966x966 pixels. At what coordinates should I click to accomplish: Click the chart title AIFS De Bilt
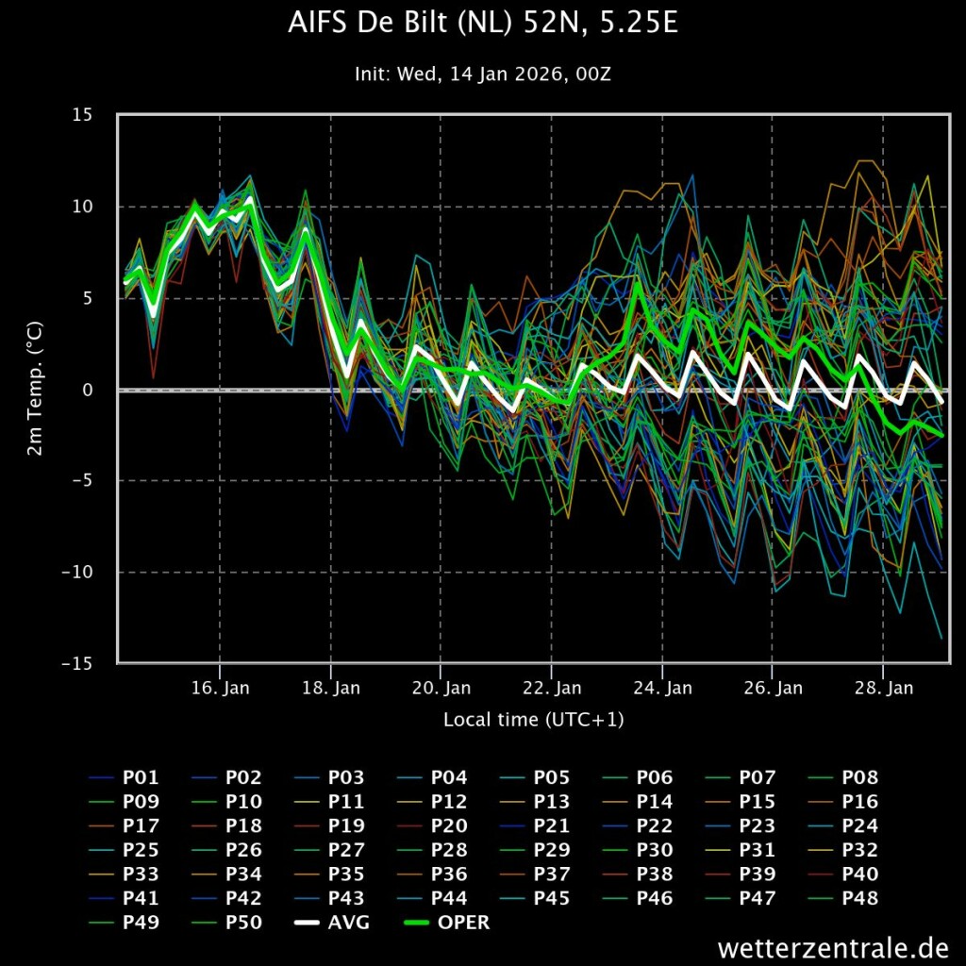[x=483, y=23]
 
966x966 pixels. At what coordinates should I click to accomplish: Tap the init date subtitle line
[x=483, y=74]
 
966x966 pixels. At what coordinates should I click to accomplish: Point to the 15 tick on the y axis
[x=82, y=114]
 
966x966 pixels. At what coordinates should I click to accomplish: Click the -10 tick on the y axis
[x=77, y=572]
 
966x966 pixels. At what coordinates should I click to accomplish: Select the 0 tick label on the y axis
[x=87, y=390]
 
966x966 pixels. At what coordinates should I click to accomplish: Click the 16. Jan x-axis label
[x=220, y=688]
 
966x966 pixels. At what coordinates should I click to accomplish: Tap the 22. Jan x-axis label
[x=551, y=688]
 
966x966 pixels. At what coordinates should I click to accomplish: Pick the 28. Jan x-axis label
[x=883, y=688]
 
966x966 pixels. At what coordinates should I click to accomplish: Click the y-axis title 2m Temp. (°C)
[x=35, y=389]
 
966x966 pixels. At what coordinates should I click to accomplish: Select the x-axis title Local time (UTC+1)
[x=534, y=719]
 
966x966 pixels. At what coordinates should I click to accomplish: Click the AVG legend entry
[x=333, y=923]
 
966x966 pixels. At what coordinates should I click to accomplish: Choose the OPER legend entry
[x=447, y=923]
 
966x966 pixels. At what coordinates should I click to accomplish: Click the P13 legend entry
[x=536, y=802]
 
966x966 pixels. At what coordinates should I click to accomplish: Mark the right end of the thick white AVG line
[x=941, y=402]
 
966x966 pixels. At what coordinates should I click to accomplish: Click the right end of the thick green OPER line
[x=941, y=436]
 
